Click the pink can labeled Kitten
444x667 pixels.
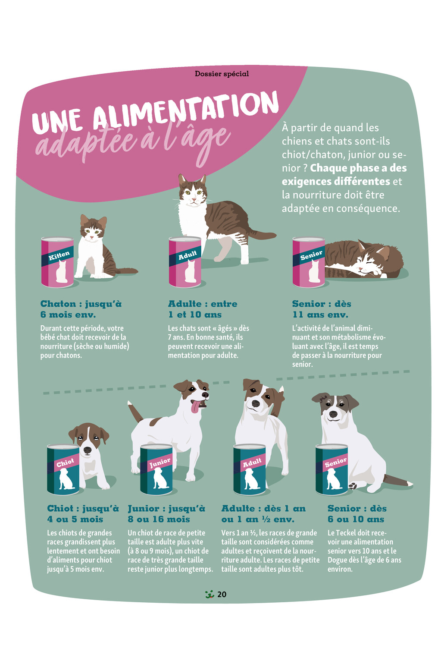57,262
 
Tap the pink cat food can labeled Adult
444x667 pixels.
185,262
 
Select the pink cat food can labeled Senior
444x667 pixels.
309,262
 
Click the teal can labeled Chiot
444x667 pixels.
63,469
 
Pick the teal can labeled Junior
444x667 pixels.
156,469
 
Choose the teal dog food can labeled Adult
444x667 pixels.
250,469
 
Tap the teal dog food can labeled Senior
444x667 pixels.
332,469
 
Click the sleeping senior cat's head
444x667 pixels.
372,259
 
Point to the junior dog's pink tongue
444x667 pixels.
195,406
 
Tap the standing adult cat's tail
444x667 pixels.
262,235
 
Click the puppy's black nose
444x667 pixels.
88,450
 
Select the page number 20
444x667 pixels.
222,595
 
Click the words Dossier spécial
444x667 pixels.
222,73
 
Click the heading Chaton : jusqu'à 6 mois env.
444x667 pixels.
81,309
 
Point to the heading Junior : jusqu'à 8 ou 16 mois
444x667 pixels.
166,514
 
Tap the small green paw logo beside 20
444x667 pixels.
210,595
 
